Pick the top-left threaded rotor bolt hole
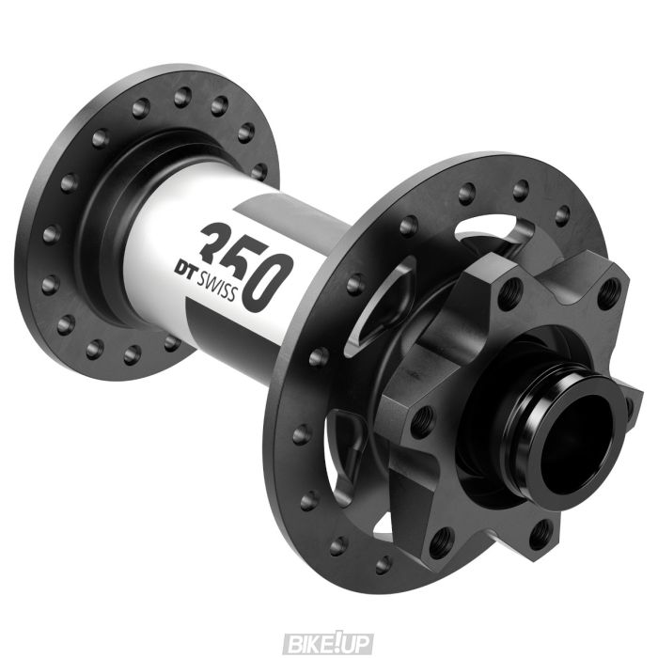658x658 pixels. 509,294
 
